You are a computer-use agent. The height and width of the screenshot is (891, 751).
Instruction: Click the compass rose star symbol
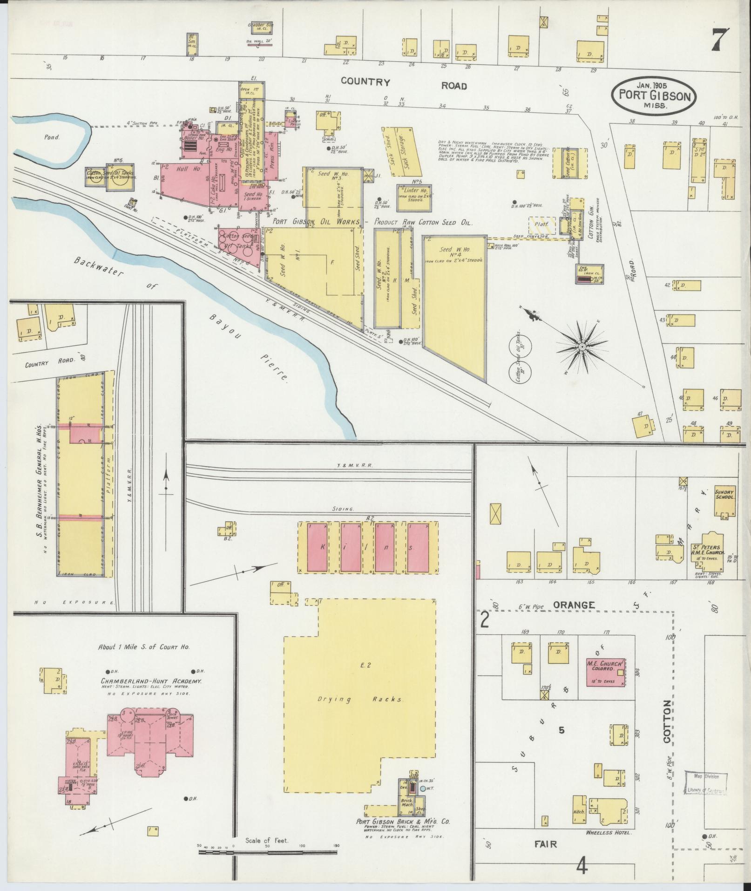pyautogui.click(x=582, y=347)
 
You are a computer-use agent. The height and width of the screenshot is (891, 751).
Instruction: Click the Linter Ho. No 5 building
pyautogui.click(x=414, y=194)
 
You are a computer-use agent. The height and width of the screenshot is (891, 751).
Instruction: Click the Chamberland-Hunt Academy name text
pyautogui.click(x=151, y=681)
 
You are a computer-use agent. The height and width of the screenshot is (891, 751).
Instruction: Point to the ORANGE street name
pyautogui.click(x=574, y=605)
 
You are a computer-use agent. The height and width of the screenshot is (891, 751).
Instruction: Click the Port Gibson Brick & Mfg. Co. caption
pyautogui.click(x=403, y=823)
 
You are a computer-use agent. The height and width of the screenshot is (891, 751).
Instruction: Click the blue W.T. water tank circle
pyautogui.click(x=422, y=789)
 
